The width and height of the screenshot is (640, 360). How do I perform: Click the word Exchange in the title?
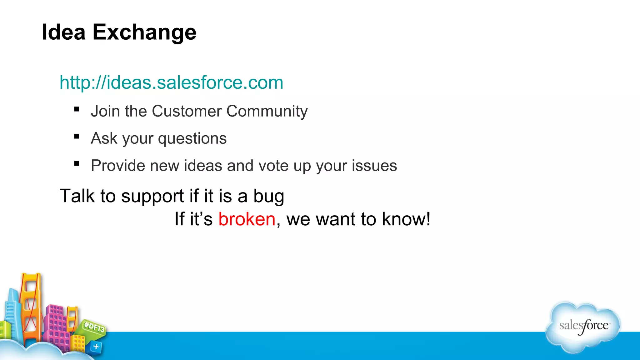click(x=144, y=32)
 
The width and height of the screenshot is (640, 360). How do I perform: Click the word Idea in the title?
click(x=63, y=32)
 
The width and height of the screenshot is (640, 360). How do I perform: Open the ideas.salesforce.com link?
click(x=171, y=82)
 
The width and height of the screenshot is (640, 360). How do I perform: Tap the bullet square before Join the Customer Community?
click(x=77, y=109)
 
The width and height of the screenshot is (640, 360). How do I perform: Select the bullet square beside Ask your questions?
click(x=77, y=137)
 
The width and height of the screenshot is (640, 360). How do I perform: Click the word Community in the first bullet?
click(x=267, y=112)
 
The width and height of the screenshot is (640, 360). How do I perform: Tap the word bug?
click(x=268, y=197)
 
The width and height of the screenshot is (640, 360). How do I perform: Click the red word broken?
click(x=247, y=219)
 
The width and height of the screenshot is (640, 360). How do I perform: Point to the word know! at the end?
click(x=406, y=219)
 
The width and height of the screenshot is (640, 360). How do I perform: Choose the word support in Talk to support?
click(x=152, y=197)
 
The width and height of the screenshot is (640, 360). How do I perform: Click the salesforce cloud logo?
click(x=583, y=327)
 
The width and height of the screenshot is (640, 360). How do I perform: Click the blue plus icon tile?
click(x=96, y=347)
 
